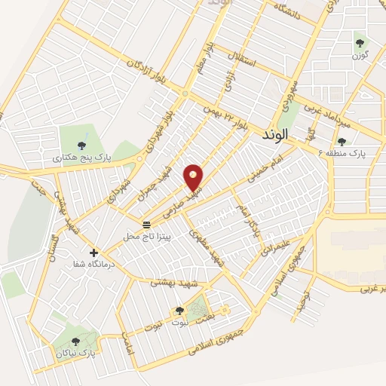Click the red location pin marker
[195, 176]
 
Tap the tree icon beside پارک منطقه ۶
[342, 141]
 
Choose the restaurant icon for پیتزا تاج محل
[146, 225]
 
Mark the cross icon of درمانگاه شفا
[93, 253]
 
